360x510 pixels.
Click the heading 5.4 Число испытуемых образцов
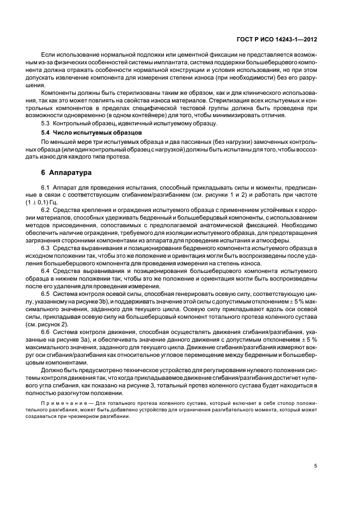85,132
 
